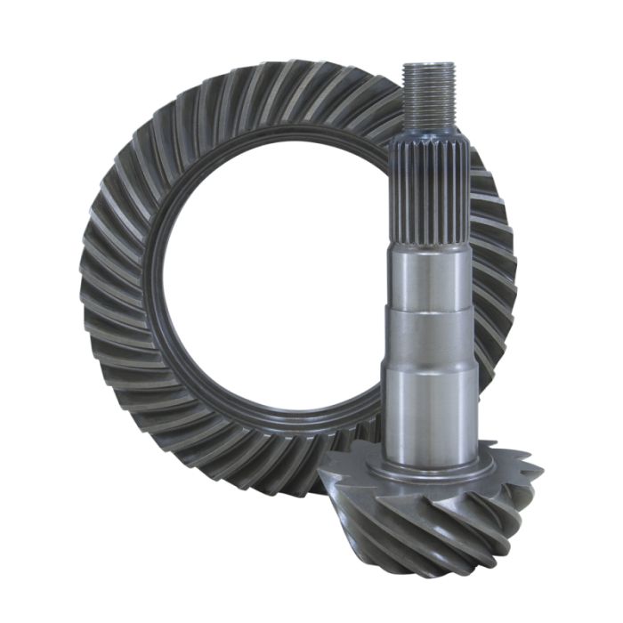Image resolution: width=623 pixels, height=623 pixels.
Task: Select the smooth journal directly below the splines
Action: point(432,276)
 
